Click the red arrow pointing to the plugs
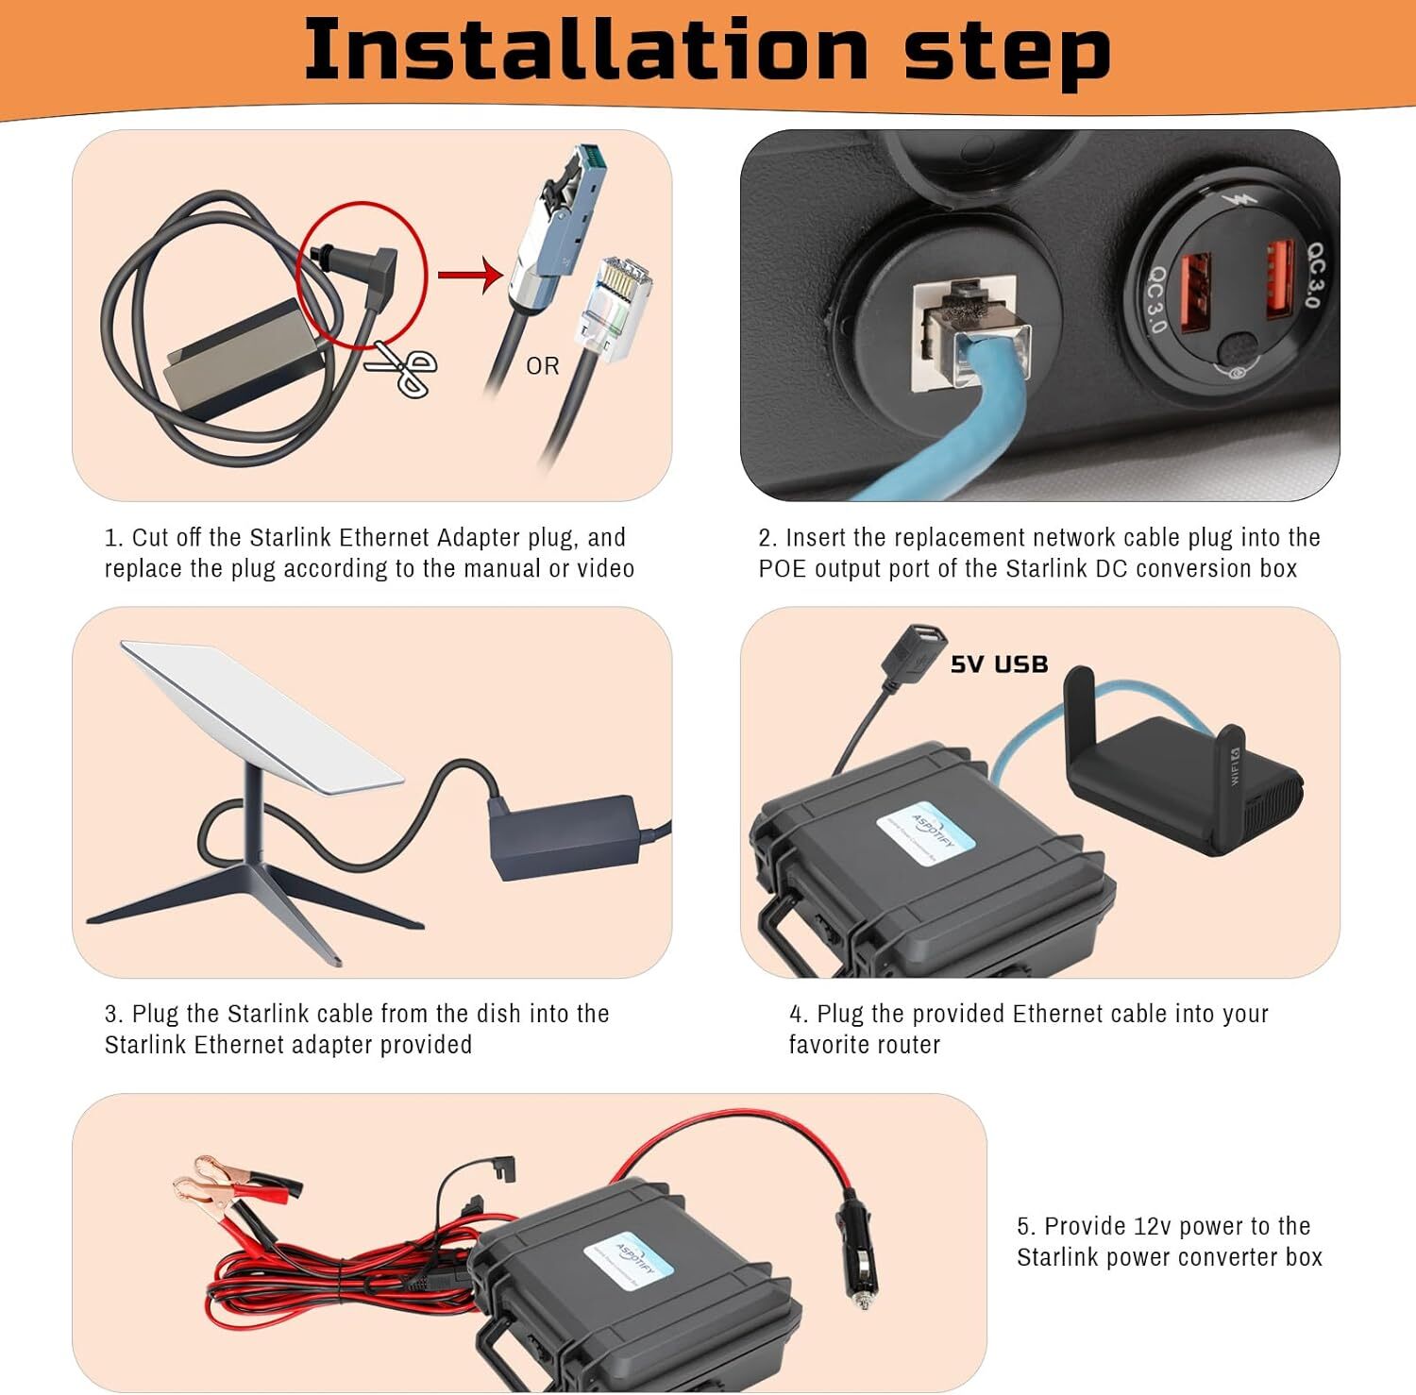[x=471, y=277]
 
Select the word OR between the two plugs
[x=543, y=366]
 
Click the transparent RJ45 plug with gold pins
[x=615, y=307]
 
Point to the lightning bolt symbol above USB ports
[x=1234, y=201]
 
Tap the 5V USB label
[x=999, y=664]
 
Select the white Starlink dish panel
[x=260, y=713]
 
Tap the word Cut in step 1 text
[x=150, y=538]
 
